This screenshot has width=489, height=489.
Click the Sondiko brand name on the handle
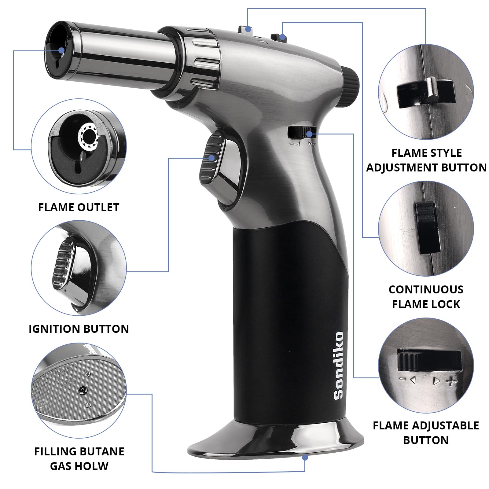pyautogui.click(x=339, y=366)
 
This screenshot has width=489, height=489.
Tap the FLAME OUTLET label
pyautogui.click(x=79, y=208)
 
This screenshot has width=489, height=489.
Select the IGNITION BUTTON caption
pyautogui.click(x=79, y=329)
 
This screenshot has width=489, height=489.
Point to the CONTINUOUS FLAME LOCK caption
pyautogui.click(x=426, y=297)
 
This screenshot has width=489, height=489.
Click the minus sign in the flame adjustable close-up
pyautogui.click(x=403, y=379)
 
